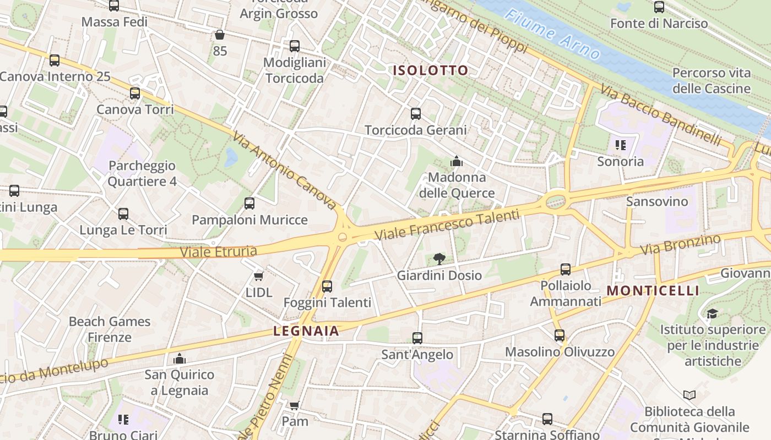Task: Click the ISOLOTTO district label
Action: (x=430, y=70)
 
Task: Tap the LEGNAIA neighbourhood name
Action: (x=306, y=331)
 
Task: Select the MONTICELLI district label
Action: (x=653, y=291)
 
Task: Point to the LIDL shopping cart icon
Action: (x=259, y=276)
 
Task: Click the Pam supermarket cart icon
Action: (x=295, y=406)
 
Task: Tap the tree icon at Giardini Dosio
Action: (x=439, y=258)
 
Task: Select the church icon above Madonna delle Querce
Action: (x=457, y=162)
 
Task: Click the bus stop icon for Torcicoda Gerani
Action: (x=416, y=114)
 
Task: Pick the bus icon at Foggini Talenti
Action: (x=327, y=286)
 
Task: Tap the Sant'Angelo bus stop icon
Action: (x=417, y=338)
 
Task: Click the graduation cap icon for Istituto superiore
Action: (x=712, y=314)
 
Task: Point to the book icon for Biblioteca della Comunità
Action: (x=689, y=395)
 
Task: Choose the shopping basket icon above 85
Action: (x=220, y=35)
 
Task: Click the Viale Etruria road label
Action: (x=219, y=252)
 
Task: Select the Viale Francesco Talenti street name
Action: (x=447, y=224)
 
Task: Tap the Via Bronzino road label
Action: (x=681, y=245)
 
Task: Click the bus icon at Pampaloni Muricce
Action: (x=249, y=204)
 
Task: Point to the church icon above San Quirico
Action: (x=180, y=359)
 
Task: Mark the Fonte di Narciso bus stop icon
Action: (x=659, y=7)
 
